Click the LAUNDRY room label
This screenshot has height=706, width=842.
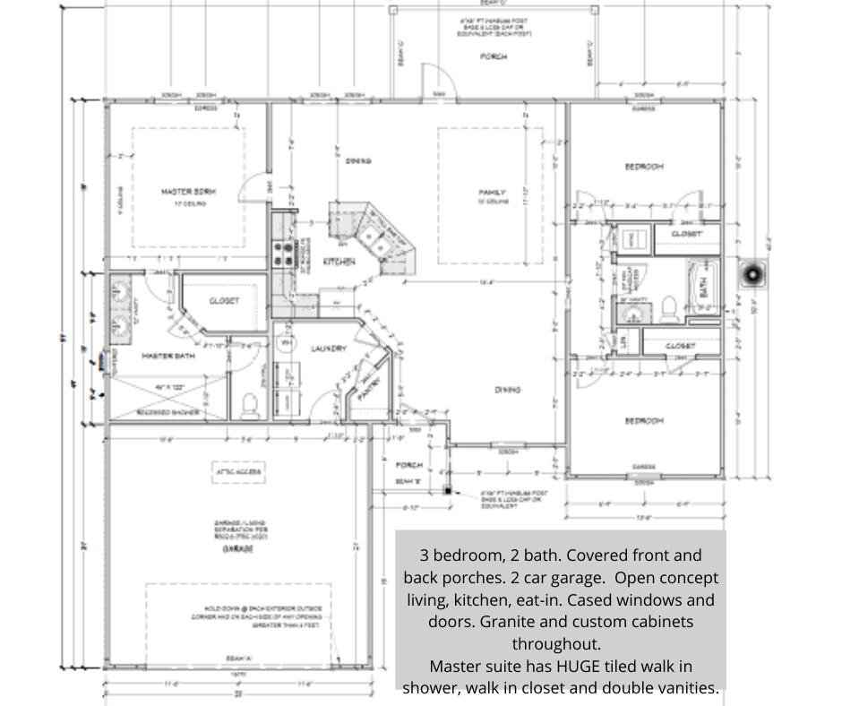coord(328,349)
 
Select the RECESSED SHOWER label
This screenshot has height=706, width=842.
coord(167,413)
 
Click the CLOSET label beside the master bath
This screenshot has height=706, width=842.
coord(224,301)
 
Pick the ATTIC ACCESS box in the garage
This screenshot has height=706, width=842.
coord(235,469)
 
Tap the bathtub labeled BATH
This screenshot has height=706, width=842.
coord(703,286)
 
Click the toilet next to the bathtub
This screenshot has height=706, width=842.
coord(668,309)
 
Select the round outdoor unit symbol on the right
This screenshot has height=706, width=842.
coord(753,273)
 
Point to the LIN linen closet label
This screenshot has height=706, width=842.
coord(624,341)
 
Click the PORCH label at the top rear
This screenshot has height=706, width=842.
coord(493,56)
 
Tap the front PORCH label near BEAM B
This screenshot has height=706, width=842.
coord(409,465)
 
